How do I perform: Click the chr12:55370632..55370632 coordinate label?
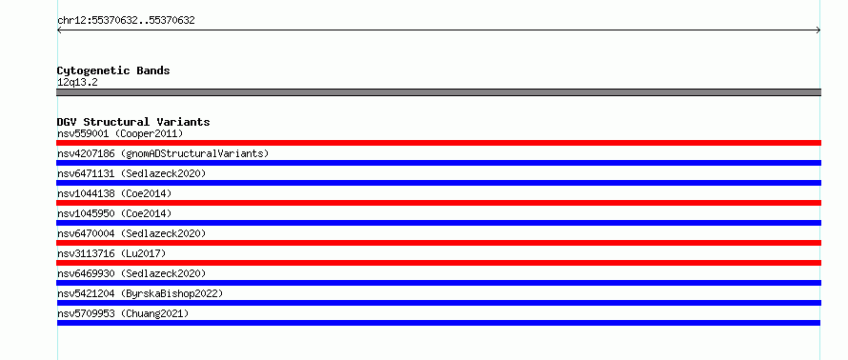[126, 21]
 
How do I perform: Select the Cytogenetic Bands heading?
[113, 70]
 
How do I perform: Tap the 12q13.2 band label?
[77, 83]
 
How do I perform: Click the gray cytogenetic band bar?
[438, 92]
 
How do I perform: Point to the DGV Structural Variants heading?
[133, 122]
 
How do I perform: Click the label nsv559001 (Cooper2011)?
[120, 133]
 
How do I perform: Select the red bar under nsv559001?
[438, 143]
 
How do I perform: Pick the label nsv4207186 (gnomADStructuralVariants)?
[163, 153]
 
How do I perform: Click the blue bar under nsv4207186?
[438, 163]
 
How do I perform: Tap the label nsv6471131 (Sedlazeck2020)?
[131, 173]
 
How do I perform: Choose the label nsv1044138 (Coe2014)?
[114, 193]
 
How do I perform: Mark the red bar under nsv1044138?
[438, 203]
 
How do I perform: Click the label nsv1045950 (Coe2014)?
[114, 213]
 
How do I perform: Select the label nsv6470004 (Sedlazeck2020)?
[131, 233]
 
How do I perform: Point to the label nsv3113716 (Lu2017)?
[111, 253]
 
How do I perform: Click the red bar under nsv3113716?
[438, 263]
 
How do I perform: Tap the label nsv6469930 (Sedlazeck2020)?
[131, 273]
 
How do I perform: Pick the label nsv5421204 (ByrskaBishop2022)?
[140, 293]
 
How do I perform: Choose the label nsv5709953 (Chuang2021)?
[123, 313]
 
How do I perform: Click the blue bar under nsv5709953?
[438, 323]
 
